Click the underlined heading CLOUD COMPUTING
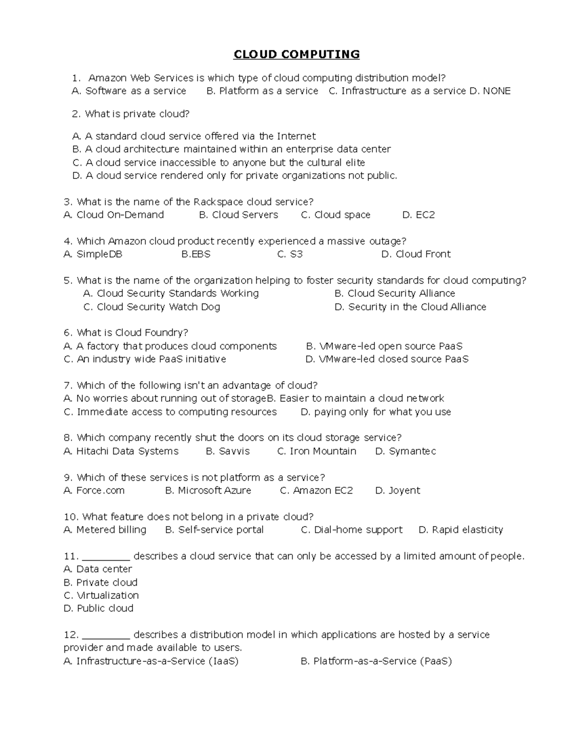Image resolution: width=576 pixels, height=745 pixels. coord(296,54)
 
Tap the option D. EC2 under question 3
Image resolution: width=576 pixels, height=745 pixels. coord(419,215)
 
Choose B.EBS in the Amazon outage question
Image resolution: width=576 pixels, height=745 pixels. coord(196,254)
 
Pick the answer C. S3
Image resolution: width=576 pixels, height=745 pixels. coord(290,254)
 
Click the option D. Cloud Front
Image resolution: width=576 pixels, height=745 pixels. coord(416,254)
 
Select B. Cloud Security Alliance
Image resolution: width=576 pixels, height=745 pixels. coord(395,294)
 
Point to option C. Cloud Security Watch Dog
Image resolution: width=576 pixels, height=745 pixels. coord(152,307)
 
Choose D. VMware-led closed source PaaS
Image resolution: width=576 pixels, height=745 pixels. coord(387,359)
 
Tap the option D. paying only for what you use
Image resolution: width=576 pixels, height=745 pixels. coord(376,412)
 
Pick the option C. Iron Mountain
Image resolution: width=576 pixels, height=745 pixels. coord(317,451)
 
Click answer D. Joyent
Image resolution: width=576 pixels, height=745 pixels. coord(397,491)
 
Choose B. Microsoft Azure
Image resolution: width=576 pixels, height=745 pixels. coord(208,491)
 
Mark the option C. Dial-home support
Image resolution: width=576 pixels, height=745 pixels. coord(351,530)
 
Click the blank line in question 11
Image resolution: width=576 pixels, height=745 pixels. coord(106,557)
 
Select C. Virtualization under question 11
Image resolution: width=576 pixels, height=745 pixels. coord(101,596)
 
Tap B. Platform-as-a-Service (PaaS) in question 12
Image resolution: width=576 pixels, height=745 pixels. coord(376,662)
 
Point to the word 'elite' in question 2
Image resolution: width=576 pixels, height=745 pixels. coord(354,163)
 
